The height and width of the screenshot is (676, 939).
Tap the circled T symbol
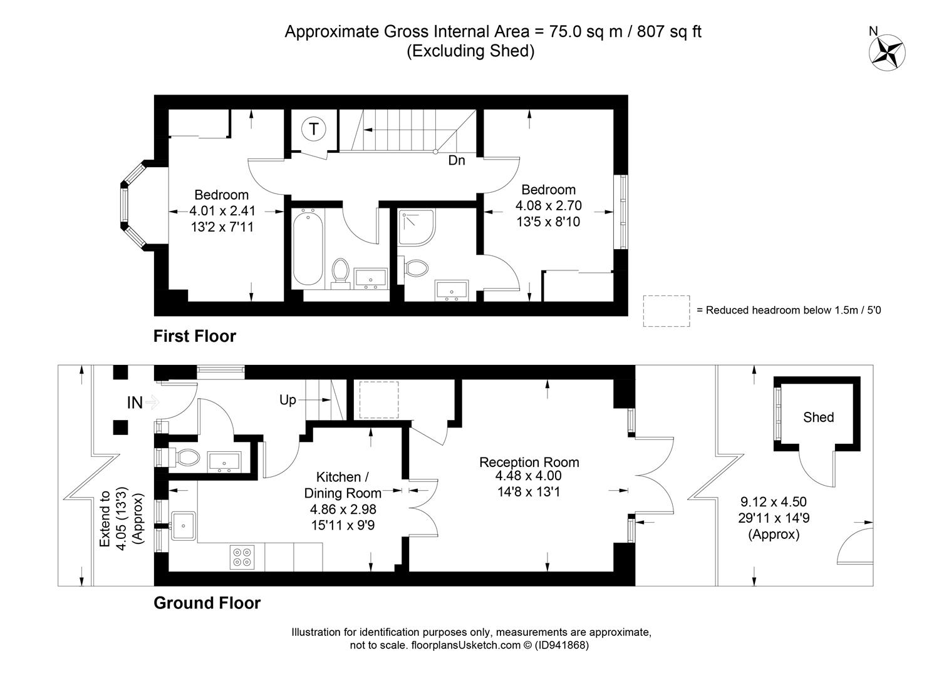coord(314,129)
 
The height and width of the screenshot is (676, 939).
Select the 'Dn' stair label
coord(457,160)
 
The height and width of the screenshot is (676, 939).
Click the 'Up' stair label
coord(288,400)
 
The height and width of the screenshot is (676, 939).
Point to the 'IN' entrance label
coord(135,403)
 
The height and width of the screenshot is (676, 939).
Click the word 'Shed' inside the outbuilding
coord(818,417)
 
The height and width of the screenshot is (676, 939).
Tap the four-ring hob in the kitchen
coord(242,557)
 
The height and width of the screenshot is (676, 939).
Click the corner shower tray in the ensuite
coord(417,227)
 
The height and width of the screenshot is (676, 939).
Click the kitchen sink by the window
coord(183,525)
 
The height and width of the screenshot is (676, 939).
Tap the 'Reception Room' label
coord(529,463)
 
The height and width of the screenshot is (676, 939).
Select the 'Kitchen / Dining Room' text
coord(343,485)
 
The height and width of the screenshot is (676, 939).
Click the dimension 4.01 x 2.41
coord(222,211)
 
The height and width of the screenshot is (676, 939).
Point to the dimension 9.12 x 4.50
coord(774,502)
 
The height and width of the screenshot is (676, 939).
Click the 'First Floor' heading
coord(195,336)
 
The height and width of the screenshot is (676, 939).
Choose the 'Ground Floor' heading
coord(207,603)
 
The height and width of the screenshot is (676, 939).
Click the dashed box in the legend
coord(667,311)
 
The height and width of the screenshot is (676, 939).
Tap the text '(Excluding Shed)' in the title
coord(471,51)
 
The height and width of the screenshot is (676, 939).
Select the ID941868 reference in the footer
coord(561,645)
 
